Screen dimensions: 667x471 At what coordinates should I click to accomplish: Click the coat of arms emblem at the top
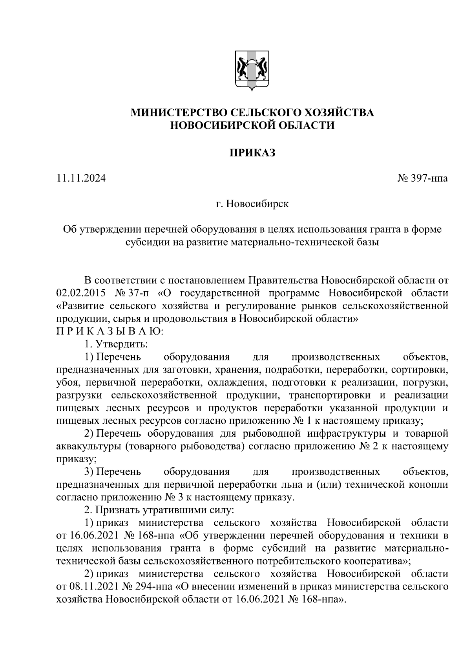pyautogui.click(x=252, y=71)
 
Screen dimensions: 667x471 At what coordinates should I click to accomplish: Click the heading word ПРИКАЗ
pyautogui.click(x=252, y=153)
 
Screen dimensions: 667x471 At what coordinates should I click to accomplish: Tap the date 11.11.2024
pyautogui.click(x=81, y=178)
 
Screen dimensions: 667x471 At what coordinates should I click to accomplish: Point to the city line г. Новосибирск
pyautogui.click(x=252, y=204)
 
